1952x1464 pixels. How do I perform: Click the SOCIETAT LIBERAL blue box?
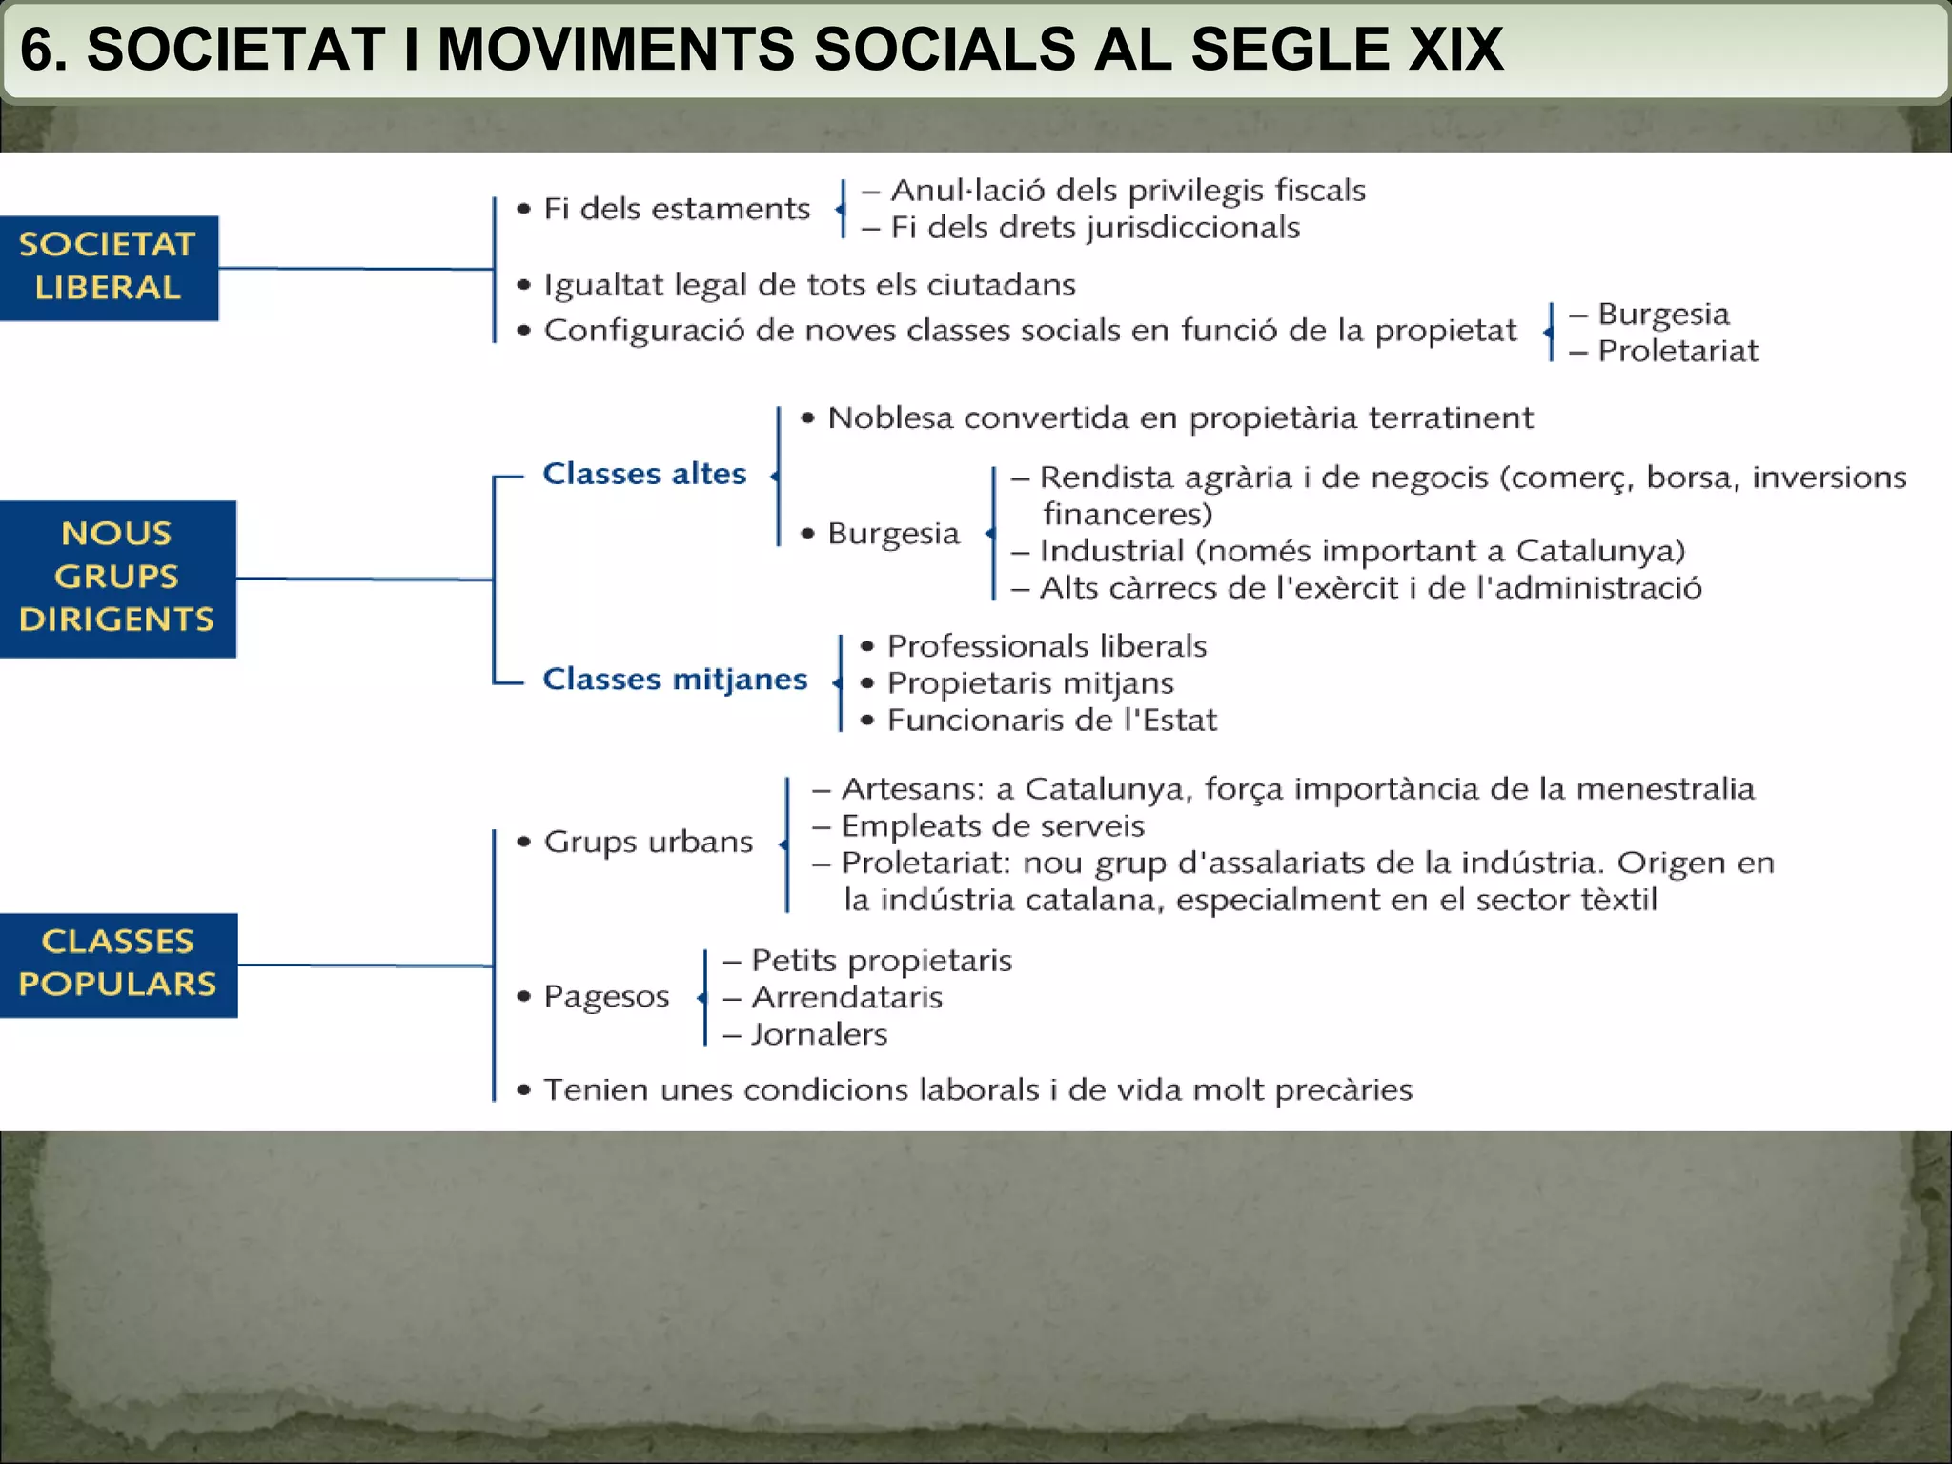(x=109, y=267)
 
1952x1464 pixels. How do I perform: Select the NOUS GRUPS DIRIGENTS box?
(x=117, y=578)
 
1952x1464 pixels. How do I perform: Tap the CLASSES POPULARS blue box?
(x=118, y=964)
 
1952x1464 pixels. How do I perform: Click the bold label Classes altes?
(x=644, y=474)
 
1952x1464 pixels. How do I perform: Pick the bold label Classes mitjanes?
(x=675, y=679)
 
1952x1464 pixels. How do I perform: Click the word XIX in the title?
(x=1455, y=50)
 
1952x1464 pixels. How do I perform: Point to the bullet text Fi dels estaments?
(x=676, y=208)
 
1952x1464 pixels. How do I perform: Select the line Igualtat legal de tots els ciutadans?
(x=809, y=284)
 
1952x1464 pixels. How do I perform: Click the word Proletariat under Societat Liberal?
(x=1677, y=351)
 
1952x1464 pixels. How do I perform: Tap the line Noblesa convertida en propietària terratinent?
(x=1180, y=417)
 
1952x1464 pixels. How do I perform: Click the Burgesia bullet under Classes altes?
(x=892, y=533)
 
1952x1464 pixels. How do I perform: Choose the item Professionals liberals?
(x=1047, y=646)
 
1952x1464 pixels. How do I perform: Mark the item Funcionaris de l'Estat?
(x=1051, y=720)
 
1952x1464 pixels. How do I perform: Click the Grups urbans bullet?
(x=648, y=842)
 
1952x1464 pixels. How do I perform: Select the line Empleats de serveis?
(x=992, y=825)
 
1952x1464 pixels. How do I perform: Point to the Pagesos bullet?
(x=606, y=996)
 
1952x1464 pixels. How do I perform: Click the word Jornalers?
(x=819, y=1034)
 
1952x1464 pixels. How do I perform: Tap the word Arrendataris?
(x=846, y=997)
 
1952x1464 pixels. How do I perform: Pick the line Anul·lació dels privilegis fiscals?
(x=1128, y=191)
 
